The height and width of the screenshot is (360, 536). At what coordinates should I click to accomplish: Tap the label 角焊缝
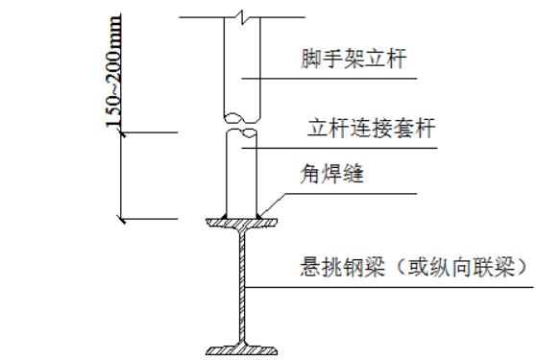pos(328,176)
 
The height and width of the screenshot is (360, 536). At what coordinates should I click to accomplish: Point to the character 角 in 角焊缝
pos(309,176)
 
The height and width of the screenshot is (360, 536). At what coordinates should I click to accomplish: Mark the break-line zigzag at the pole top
pos(245,15)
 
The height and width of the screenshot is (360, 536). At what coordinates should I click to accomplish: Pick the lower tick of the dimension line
pos(121,220)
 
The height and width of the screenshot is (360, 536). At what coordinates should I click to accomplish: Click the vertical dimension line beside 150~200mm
pos(121,178)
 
